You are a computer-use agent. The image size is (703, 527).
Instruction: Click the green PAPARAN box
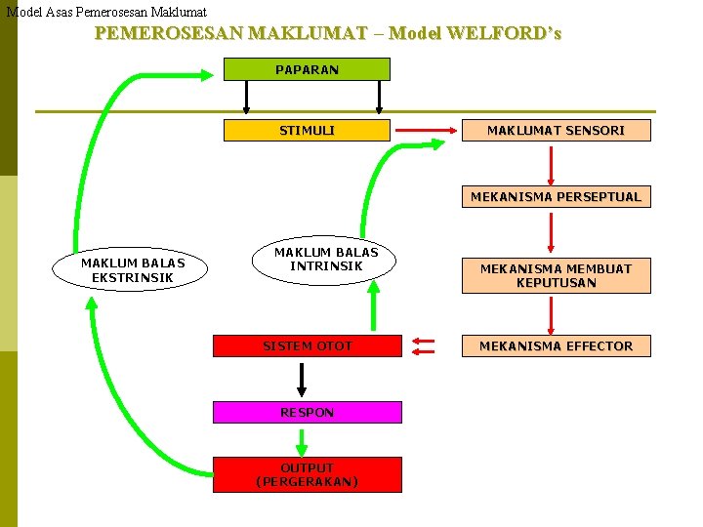[x=307, y=69]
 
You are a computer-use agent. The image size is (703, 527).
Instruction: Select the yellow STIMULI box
[x=307, y=130]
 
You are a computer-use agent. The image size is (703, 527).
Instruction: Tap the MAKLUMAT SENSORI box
[x=556, y=130]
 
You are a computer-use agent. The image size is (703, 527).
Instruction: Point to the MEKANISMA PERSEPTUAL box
[x=556, y=196]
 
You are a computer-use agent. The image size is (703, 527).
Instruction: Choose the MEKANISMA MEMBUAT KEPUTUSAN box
[x=556, y=275]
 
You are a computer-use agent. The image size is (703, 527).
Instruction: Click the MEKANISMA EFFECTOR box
[x=556, y=345]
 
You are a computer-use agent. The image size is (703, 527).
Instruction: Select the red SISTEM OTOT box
[x=307, y=345]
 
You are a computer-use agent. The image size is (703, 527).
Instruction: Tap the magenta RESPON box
[x=307, y=412]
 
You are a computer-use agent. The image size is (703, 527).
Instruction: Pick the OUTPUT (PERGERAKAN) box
[x=307, y=474]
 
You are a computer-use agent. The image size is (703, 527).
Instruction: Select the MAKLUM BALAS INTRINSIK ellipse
[x=325, y=259]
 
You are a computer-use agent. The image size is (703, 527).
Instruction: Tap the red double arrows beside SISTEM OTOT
[x=424, y=345]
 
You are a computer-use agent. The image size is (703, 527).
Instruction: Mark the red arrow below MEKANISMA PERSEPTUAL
[x=552, y=231]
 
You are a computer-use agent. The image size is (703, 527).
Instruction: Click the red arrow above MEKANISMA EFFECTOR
[x=552, y=315]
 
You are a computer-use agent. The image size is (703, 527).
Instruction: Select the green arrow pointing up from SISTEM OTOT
[x=373, y=312]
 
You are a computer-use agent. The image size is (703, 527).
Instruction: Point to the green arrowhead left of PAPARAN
[x=207, y=72]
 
